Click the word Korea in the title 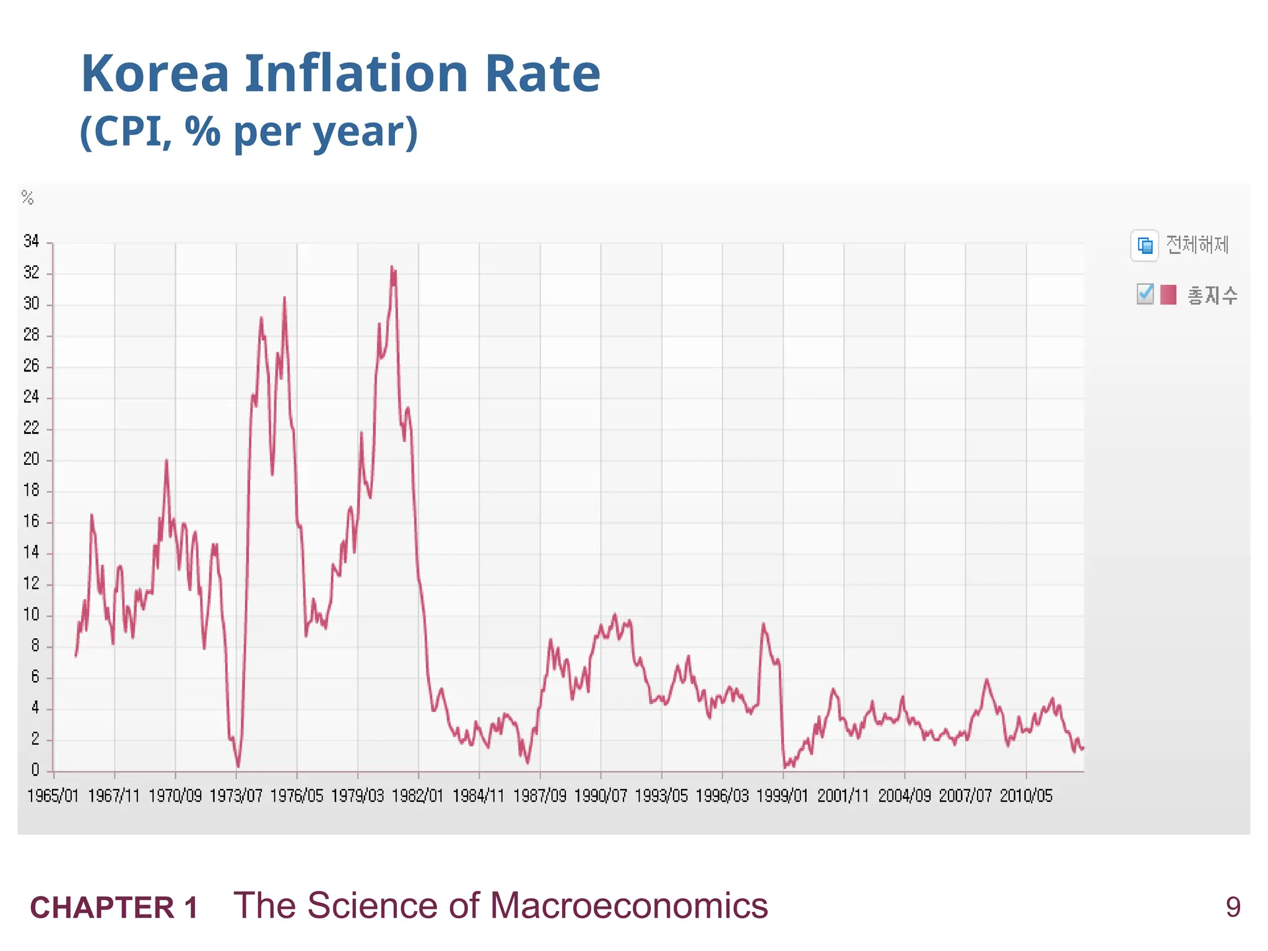pos(155,74)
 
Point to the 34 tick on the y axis pos(31,241)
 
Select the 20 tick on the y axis pos(31,459)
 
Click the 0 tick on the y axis pos(35,770)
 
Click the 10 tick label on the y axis pos(31,615)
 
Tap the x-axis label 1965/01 pos(53,796)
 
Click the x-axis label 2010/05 pos(1026,796)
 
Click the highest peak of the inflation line pos(391,267)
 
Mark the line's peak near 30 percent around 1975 pos(284,298)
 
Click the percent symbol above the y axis pos(27,198)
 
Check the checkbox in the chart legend pos(1145,294)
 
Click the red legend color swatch pos(1168,295)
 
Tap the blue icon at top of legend pos(1144,245)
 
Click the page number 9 pos(1233,908)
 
